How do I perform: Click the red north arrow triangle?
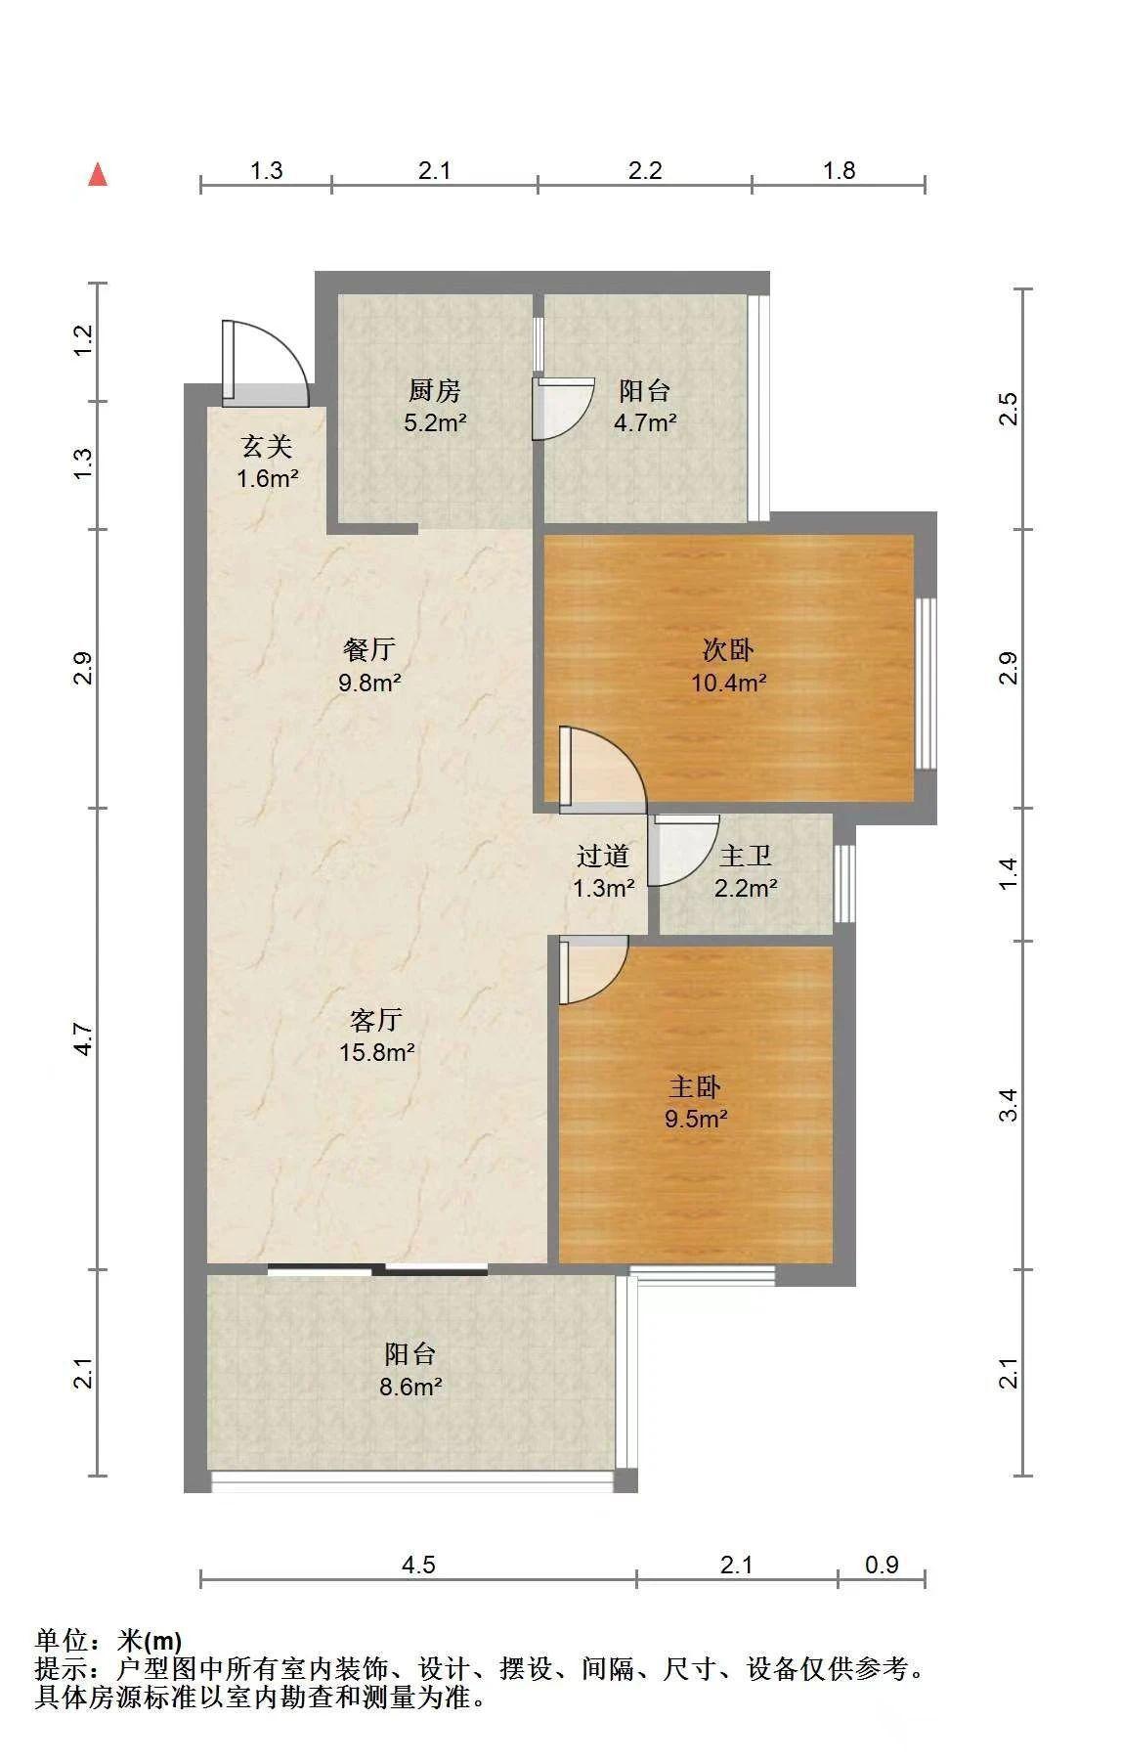click(x=97, y=174)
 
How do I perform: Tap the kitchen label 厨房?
click(x=435, y=391)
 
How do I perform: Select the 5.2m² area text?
click(x=435, y=423)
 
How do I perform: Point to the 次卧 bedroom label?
click(x=728, y=650)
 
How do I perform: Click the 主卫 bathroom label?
click(x=746, y=857)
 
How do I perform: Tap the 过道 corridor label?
click(x=603, y=857)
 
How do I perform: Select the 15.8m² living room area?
click(x=376, y=1053)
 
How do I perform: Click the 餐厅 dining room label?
click(x=369, y=649)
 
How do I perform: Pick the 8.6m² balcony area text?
click(x=410, y=1387)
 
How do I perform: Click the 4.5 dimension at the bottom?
click(x=418, y=1565)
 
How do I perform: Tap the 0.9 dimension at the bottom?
click(x=882, y=1565)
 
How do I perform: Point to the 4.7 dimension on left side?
click(x=84, y=1038)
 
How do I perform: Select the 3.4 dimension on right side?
click(x=1010, y=1105)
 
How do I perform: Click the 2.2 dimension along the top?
click(x=645, y=171)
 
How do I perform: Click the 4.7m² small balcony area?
click(x=645, y=423)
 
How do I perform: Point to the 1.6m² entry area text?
click(x=267, y=479)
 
